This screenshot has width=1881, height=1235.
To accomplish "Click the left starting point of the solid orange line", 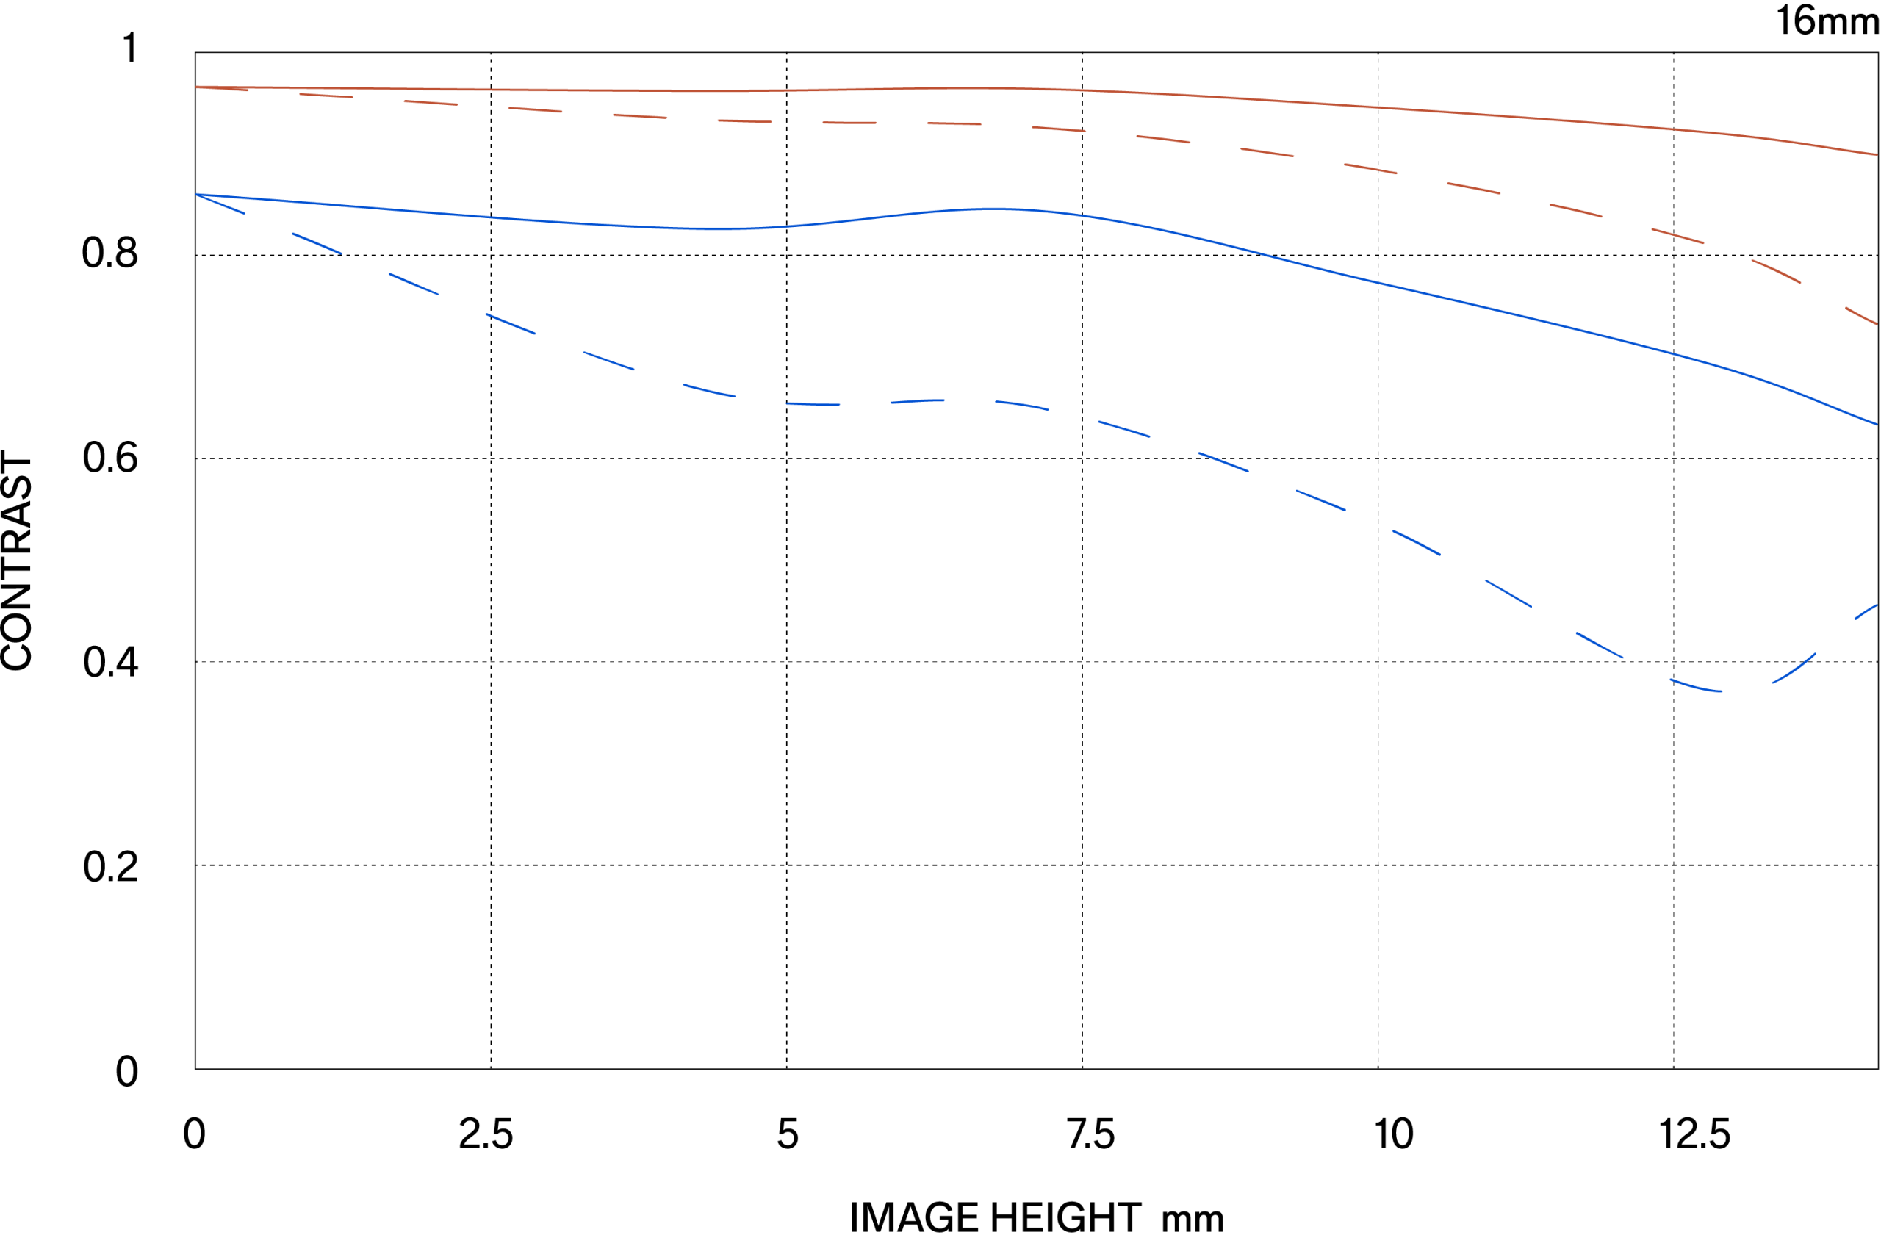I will (x=197, y=87).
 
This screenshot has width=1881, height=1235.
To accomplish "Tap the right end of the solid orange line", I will (x=1877, y=155).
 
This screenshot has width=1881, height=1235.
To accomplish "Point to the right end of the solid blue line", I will (x=1877, y=425).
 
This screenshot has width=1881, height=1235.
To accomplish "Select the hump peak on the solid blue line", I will (x=992, y=209).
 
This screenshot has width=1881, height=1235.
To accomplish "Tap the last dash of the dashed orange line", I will (x=1861, y=315).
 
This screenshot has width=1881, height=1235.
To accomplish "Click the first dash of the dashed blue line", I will (x=220, y=203).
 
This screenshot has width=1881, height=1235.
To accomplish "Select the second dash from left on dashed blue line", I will (x=316, y=242).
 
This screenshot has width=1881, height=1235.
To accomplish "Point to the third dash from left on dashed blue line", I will (x=414, y=284).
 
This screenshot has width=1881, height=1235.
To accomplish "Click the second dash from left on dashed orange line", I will (x=326, y=96).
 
